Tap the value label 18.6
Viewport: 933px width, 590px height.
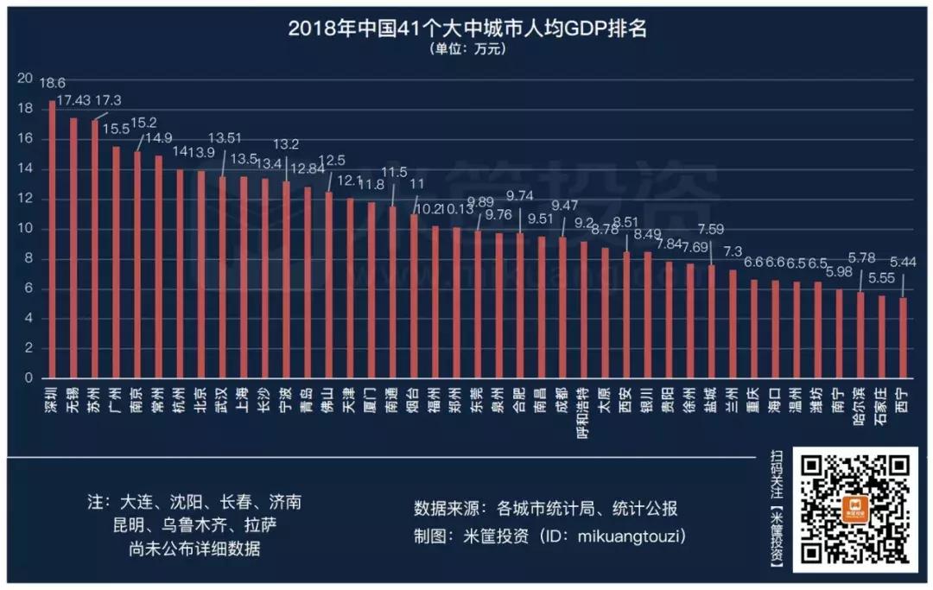(53, 83)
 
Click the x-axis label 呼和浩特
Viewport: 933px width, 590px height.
(585, 415)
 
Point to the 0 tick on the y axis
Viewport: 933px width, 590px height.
(28, 378)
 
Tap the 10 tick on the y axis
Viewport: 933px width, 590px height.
(24, 229)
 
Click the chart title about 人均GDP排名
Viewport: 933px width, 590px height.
(466, 28)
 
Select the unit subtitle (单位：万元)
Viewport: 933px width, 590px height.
(466, 49)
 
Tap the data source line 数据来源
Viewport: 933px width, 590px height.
(546, 507)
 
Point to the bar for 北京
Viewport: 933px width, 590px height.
(201, 275)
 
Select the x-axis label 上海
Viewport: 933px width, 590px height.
(244, 403)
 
